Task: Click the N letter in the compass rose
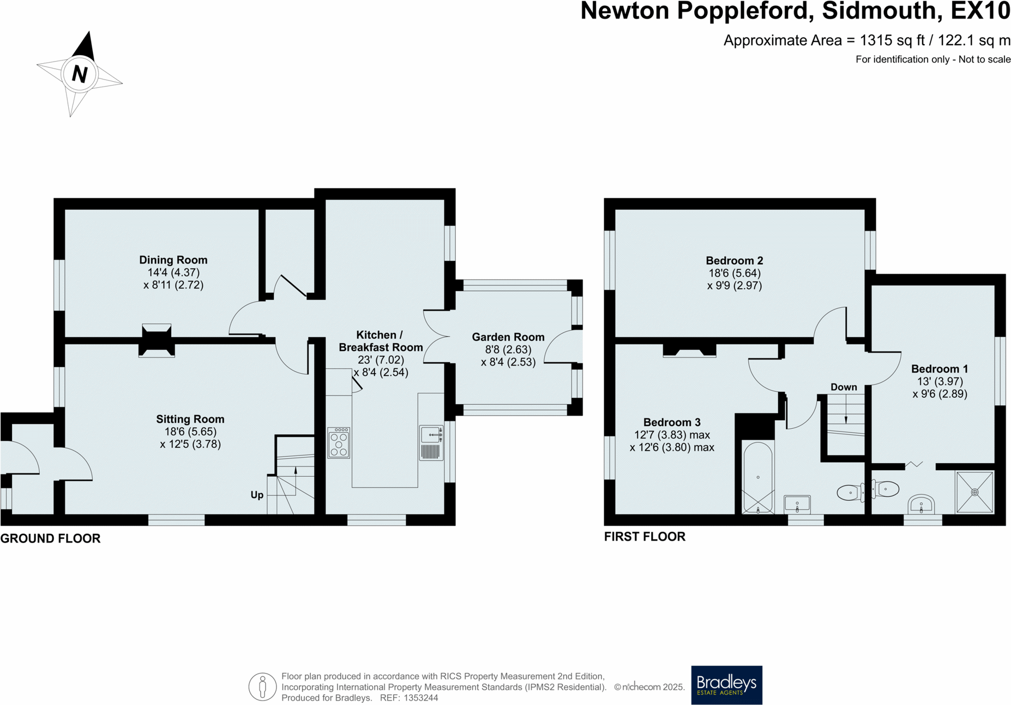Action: tap(80, 74)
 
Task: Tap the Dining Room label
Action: tap(173, 260)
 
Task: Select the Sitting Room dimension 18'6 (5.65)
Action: tap(190, 431)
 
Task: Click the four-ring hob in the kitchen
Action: tap(339, 442)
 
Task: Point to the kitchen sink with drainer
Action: tap(431, 443)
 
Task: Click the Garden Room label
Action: tap(508, 337)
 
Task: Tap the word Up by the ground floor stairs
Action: tap(257, 495)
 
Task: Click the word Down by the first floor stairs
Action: tap(843, 387)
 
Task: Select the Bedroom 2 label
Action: tap(734, 260)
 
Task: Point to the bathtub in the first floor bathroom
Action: tap(758, 477)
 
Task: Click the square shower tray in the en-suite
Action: tap(974, 492)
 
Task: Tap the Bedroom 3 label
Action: tap(671, 422)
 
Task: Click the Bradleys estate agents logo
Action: tap(726, 685)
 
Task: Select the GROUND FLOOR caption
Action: tap(50, 538)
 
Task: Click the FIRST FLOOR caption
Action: tap(644, 537)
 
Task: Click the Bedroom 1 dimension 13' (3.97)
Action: tap(940, 381)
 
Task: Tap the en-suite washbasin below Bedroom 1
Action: tap(921, 504)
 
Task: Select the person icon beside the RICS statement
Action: tap(262, 686)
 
